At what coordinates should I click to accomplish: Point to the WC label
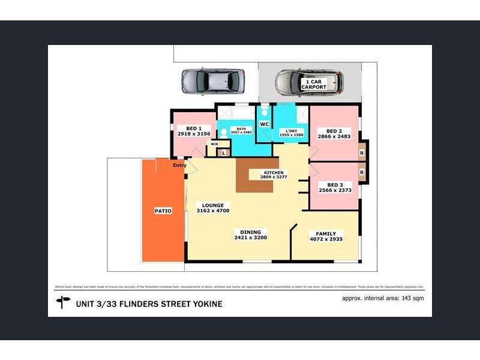pos(263,124)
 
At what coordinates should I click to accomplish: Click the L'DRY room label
pos(291,131)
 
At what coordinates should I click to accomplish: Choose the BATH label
pos(241,128)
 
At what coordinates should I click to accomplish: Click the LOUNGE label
pos(212,205)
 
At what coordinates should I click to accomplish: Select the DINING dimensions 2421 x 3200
pos(250,238)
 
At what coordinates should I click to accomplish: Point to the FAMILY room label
pos(326,233)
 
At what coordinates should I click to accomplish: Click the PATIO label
pos(163,211)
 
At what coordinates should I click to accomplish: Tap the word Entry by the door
pos(179,166)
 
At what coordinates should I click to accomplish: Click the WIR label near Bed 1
pos(214,145)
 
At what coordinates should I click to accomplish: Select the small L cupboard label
pos(223,153)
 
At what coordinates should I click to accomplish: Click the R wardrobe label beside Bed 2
pos(362,152)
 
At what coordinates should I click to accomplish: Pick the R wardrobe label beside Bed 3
pos(362,172)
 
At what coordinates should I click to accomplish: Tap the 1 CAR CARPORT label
pos(314,84)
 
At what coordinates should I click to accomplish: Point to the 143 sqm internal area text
pos(413,298)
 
